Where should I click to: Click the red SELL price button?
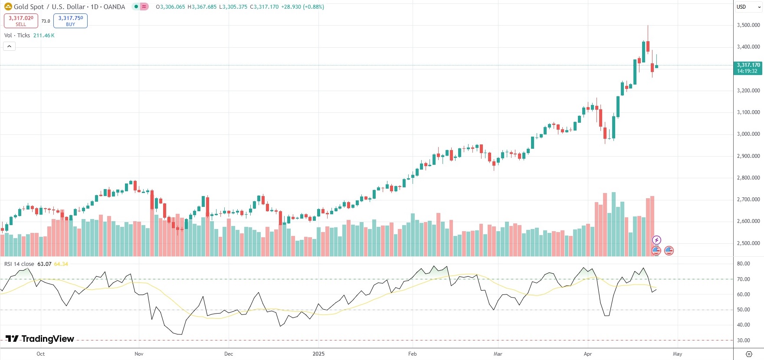pos(21,20)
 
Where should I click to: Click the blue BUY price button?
pos(70,20)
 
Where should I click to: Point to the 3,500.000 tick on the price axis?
pos(748,25)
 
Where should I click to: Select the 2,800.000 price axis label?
pos(748,178)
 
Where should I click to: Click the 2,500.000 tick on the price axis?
pos(748,243)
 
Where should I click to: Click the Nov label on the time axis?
pos(139,354)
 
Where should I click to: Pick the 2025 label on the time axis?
pos(318,354)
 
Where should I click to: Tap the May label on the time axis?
pos(677,354)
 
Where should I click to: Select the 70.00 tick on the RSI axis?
pos(743,279)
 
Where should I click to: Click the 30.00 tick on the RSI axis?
pos(743,340)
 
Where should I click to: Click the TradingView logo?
pos(40,339)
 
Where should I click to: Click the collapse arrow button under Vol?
pos(9,46)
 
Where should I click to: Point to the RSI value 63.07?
pos(44,264)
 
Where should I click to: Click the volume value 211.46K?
pos(44,36)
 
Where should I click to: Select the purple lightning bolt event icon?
pos(656,240)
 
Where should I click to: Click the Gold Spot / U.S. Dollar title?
pos(69,7)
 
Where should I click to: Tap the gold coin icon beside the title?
pos(8,7)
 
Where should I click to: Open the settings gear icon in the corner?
pos(748,354)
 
